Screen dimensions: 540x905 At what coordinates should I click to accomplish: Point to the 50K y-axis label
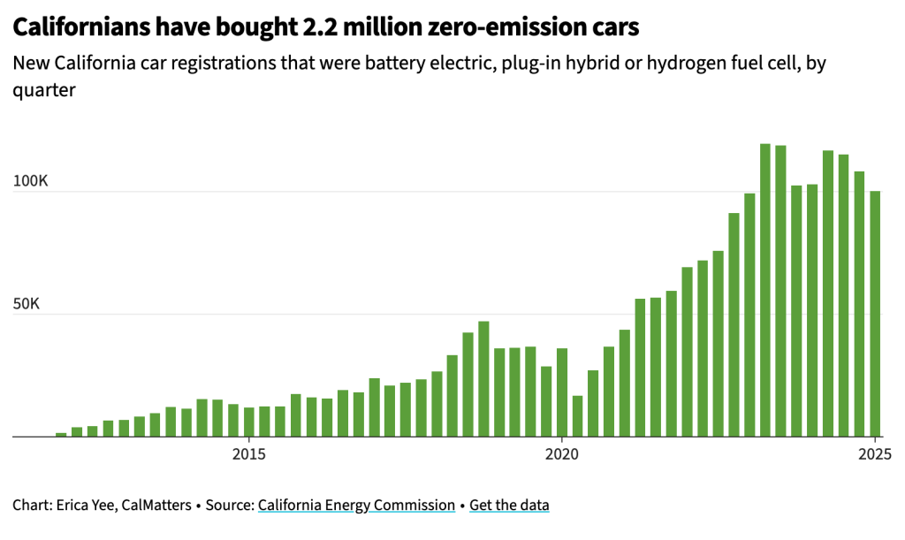pos(27,304)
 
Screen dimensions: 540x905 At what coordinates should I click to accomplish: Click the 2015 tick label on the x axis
pos(249,455)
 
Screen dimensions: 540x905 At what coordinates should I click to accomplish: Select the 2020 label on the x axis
pos(562,455)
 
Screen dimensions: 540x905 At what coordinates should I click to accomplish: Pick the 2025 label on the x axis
pos(875,455)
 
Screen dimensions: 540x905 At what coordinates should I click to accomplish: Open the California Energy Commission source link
pos(356,506)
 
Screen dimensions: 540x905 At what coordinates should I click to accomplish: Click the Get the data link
pos(509,506)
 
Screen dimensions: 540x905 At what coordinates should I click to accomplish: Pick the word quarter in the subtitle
pos(43,90)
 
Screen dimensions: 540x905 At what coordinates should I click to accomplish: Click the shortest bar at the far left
pos(61,434)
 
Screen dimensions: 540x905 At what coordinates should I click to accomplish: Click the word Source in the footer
pos(230,506)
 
